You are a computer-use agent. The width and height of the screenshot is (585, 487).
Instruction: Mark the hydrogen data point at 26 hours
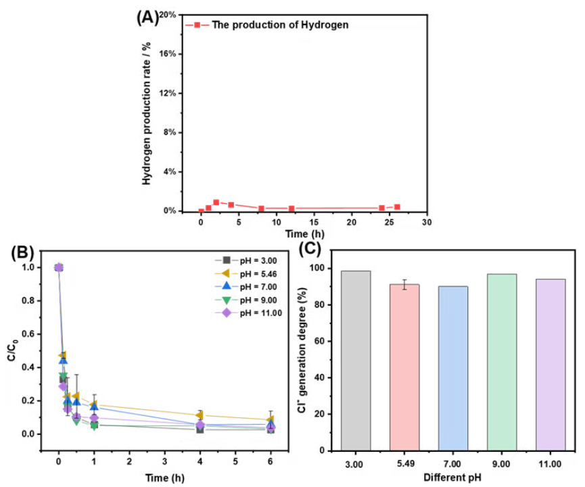click(x=397, y=207)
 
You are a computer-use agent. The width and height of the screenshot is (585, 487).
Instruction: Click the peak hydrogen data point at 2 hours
click(x=216, y=202)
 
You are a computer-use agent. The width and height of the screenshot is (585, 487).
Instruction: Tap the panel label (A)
click(x=147, y=18)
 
